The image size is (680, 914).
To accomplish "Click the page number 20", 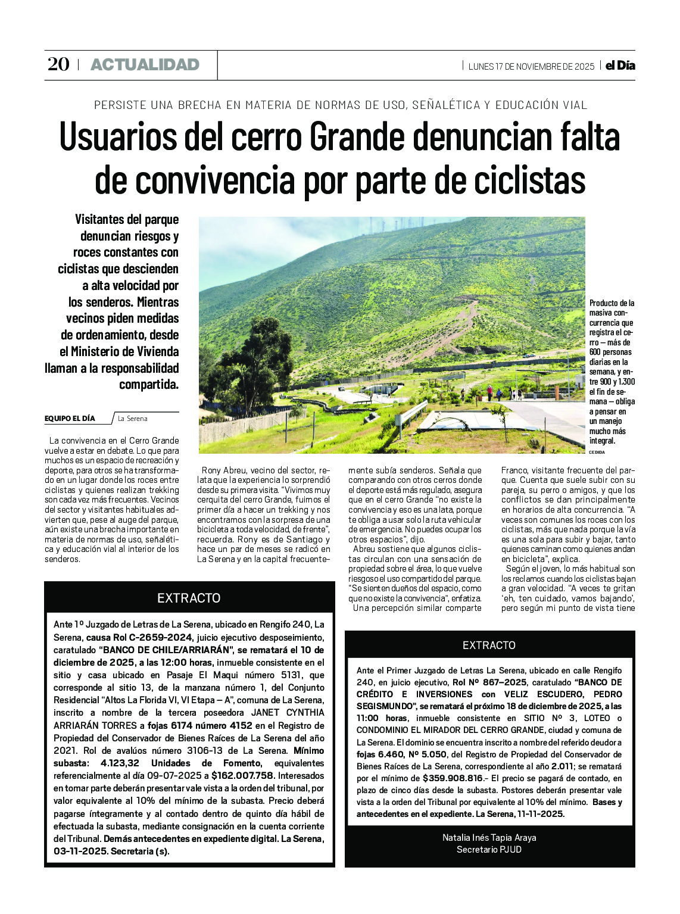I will (x=58, y=64).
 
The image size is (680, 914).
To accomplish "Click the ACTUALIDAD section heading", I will (x=145, y=65).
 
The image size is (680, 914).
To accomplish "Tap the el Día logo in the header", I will (x=620, y=65).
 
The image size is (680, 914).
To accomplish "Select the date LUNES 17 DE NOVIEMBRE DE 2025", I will (x=531, y=66).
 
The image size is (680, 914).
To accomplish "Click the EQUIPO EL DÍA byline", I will (x=70, y=419).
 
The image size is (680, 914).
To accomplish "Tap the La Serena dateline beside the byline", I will (x=132, y=419).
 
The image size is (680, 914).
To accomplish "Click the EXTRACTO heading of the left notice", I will (x=189, y=598).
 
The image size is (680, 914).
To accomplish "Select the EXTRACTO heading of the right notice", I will (x=489, y=645).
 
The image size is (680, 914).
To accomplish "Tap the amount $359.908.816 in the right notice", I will (x=453, y=778).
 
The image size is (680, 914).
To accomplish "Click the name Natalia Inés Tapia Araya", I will (x=489, y=838).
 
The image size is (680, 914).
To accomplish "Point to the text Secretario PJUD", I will (x=489, y=850).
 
